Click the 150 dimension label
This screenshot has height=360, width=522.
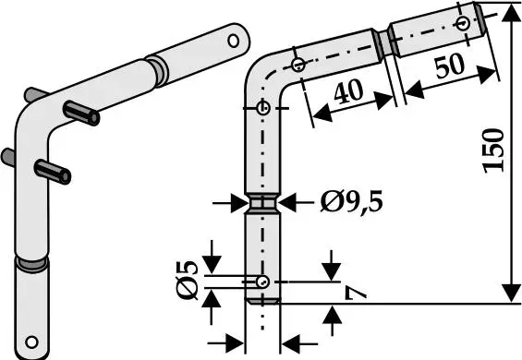click(x=493, y=150)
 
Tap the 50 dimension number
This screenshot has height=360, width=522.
click(x=449, y=66)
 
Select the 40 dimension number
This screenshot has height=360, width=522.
click(x=348, y=91)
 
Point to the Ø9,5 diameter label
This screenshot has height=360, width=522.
click(x=351, y=202)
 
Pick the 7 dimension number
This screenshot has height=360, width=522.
click(x=355, y=294)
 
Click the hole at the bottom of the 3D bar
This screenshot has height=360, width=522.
click(x=32, y=342)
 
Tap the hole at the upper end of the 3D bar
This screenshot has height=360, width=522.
click(x=233, y=41)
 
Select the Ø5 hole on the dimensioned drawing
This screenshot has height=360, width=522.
click(x=262, y=282)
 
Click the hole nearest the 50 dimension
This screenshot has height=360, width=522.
click(x=463, y=24)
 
